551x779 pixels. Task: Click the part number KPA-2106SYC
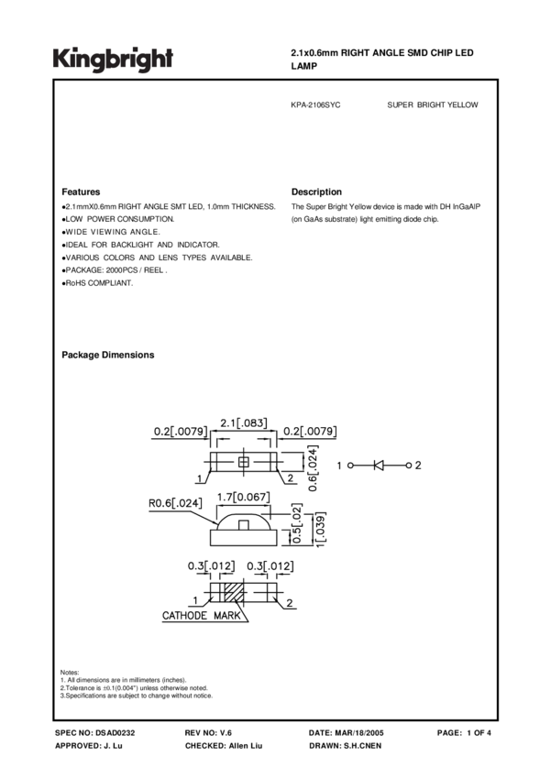(x=315, y=105)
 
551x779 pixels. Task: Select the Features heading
(x=81, y=192)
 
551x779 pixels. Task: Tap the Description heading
(x=316, y=192)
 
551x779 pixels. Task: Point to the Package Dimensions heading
(x=107, y=355)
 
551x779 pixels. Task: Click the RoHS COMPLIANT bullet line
(x=98, y=283)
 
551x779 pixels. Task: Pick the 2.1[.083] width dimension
(x=244, y=422)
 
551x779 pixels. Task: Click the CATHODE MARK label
(x=202, y=616)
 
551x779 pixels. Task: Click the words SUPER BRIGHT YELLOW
(x=433, y=105)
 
